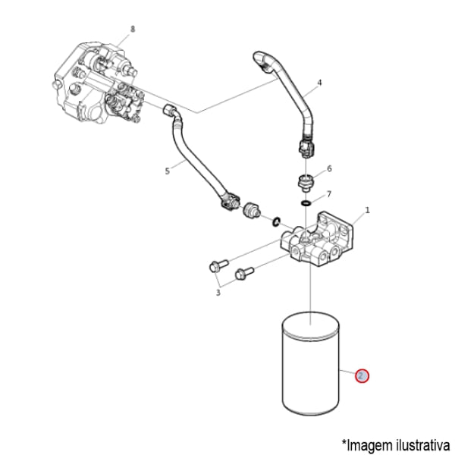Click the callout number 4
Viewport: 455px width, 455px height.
click(319, 82)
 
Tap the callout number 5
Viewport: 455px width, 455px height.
click(167, 172)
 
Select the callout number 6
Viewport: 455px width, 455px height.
click(329, 168)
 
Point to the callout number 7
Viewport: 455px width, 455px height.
click(329, 194)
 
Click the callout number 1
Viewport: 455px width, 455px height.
click(367, 210)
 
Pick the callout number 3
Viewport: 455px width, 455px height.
click(218, 291)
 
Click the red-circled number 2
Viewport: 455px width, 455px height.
click(362, 375)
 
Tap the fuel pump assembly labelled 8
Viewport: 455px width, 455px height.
click(95, 83)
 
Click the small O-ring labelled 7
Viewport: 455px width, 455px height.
click(305, 203)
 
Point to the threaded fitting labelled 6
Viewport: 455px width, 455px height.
click(305, 182)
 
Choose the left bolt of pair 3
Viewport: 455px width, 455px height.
click(215, 265)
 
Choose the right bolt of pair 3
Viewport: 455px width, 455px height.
click(243, 272)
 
